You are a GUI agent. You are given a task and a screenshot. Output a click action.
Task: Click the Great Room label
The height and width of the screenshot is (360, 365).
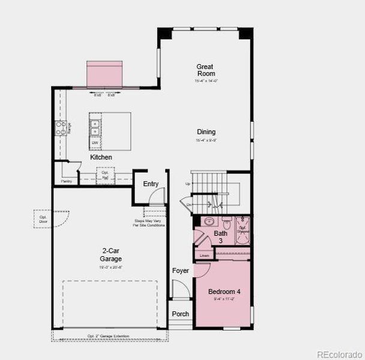click(205, 70)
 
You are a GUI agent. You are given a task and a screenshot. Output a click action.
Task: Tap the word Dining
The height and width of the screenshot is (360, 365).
click(206, 132)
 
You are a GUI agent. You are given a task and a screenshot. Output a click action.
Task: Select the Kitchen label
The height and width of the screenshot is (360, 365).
click(101, 157)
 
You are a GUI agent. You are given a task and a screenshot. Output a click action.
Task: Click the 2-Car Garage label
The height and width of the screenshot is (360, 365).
click(111, 255)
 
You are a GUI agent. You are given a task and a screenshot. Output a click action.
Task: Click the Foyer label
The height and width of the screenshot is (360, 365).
click(180, 271)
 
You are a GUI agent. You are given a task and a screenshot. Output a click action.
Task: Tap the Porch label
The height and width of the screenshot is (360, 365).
click(180, 314)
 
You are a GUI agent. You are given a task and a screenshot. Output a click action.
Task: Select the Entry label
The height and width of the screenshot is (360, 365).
click(151, 184)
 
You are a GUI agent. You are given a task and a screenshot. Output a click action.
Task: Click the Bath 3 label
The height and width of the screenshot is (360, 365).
click(221, 236)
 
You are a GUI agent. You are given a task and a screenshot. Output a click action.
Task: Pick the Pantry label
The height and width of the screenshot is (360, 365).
click(66, 181)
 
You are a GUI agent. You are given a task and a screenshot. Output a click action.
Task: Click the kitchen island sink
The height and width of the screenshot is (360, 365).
click(95, 127)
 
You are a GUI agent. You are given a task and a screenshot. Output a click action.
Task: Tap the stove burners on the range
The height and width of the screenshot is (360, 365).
click(61, 127)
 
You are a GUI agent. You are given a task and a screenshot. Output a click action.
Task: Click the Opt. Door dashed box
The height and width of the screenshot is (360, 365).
click(43, 219)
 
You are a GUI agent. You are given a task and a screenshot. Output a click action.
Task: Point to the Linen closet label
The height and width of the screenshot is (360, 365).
click(205, 256)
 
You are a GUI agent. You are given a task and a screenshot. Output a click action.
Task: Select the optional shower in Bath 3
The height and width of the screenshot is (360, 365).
click(243, 229)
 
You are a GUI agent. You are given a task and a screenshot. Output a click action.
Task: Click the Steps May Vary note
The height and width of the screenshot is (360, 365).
click(150, 223)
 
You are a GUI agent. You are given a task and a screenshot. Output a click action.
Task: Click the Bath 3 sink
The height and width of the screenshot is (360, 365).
click(208, 221)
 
